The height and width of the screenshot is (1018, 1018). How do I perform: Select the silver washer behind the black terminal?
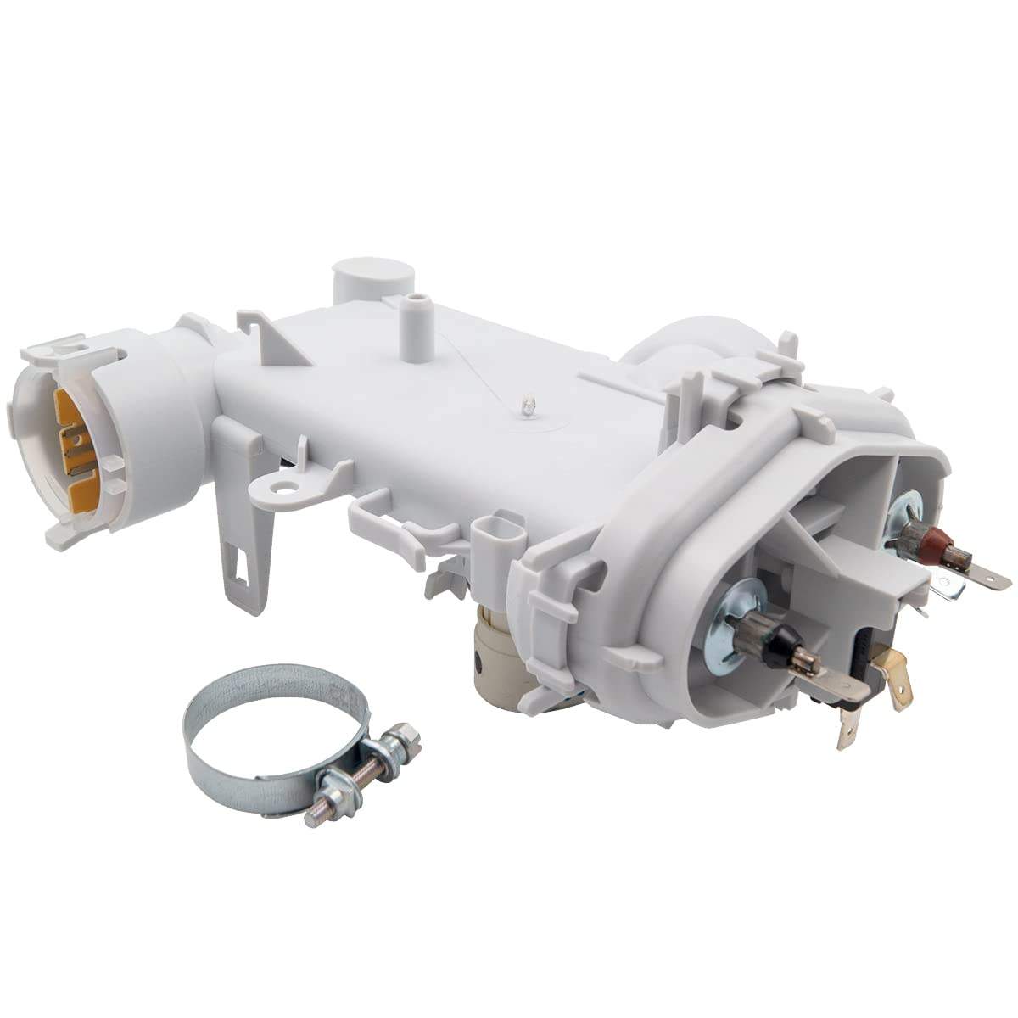pyautogui.click(x=730, y=615)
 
